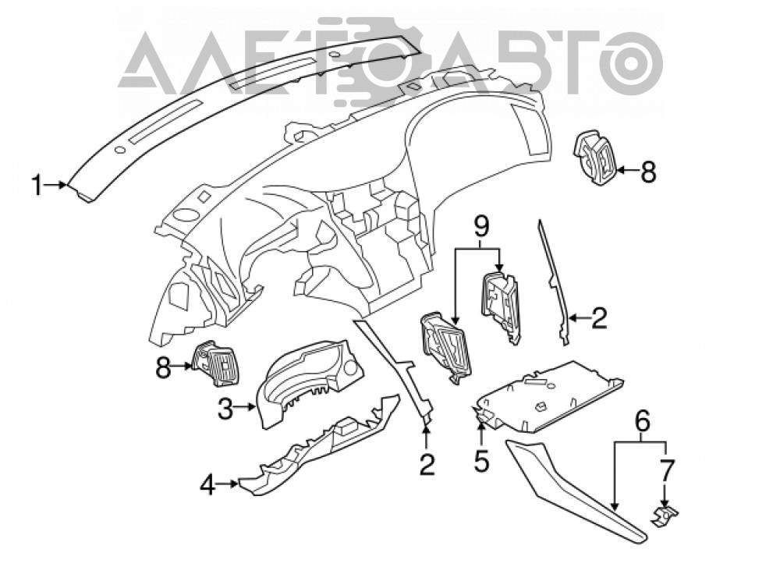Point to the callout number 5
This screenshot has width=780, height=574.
click(481, 461)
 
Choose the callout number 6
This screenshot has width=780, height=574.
click(642, 421)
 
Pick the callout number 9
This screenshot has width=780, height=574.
click(480, 227)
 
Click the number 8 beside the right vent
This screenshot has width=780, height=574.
click(647, 172)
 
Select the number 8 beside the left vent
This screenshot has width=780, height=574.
click(162, 368)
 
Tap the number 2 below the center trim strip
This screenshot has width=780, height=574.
click(427, 464)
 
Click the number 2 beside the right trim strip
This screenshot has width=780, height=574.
click(598, 318)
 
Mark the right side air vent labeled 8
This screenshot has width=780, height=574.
click(595, 158)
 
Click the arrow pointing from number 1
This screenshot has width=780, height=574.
click(55, 185)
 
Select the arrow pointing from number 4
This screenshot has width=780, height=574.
click(229, 484)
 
